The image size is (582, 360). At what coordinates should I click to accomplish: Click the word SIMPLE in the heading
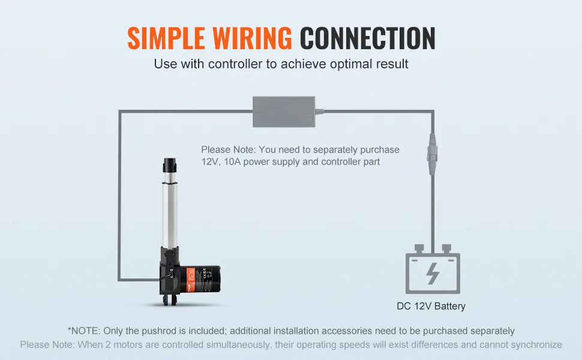[164, 38]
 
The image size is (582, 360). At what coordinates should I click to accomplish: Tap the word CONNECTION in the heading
[367, 38]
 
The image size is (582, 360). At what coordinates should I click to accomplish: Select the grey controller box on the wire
[284, 112]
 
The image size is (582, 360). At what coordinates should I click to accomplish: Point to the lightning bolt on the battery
[432, 273]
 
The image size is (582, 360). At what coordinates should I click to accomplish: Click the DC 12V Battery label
[431, 306]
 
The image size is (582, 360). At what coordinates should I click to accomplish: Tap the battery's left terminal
[419, 248]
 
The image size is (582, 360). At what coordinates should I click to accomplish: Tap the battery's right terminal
[446, 248]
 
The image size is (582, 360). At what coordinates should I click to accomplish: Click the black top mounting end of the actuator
[169, 164]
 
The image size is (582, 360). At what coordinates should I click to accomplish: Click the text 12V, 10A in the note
[224, 162]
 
